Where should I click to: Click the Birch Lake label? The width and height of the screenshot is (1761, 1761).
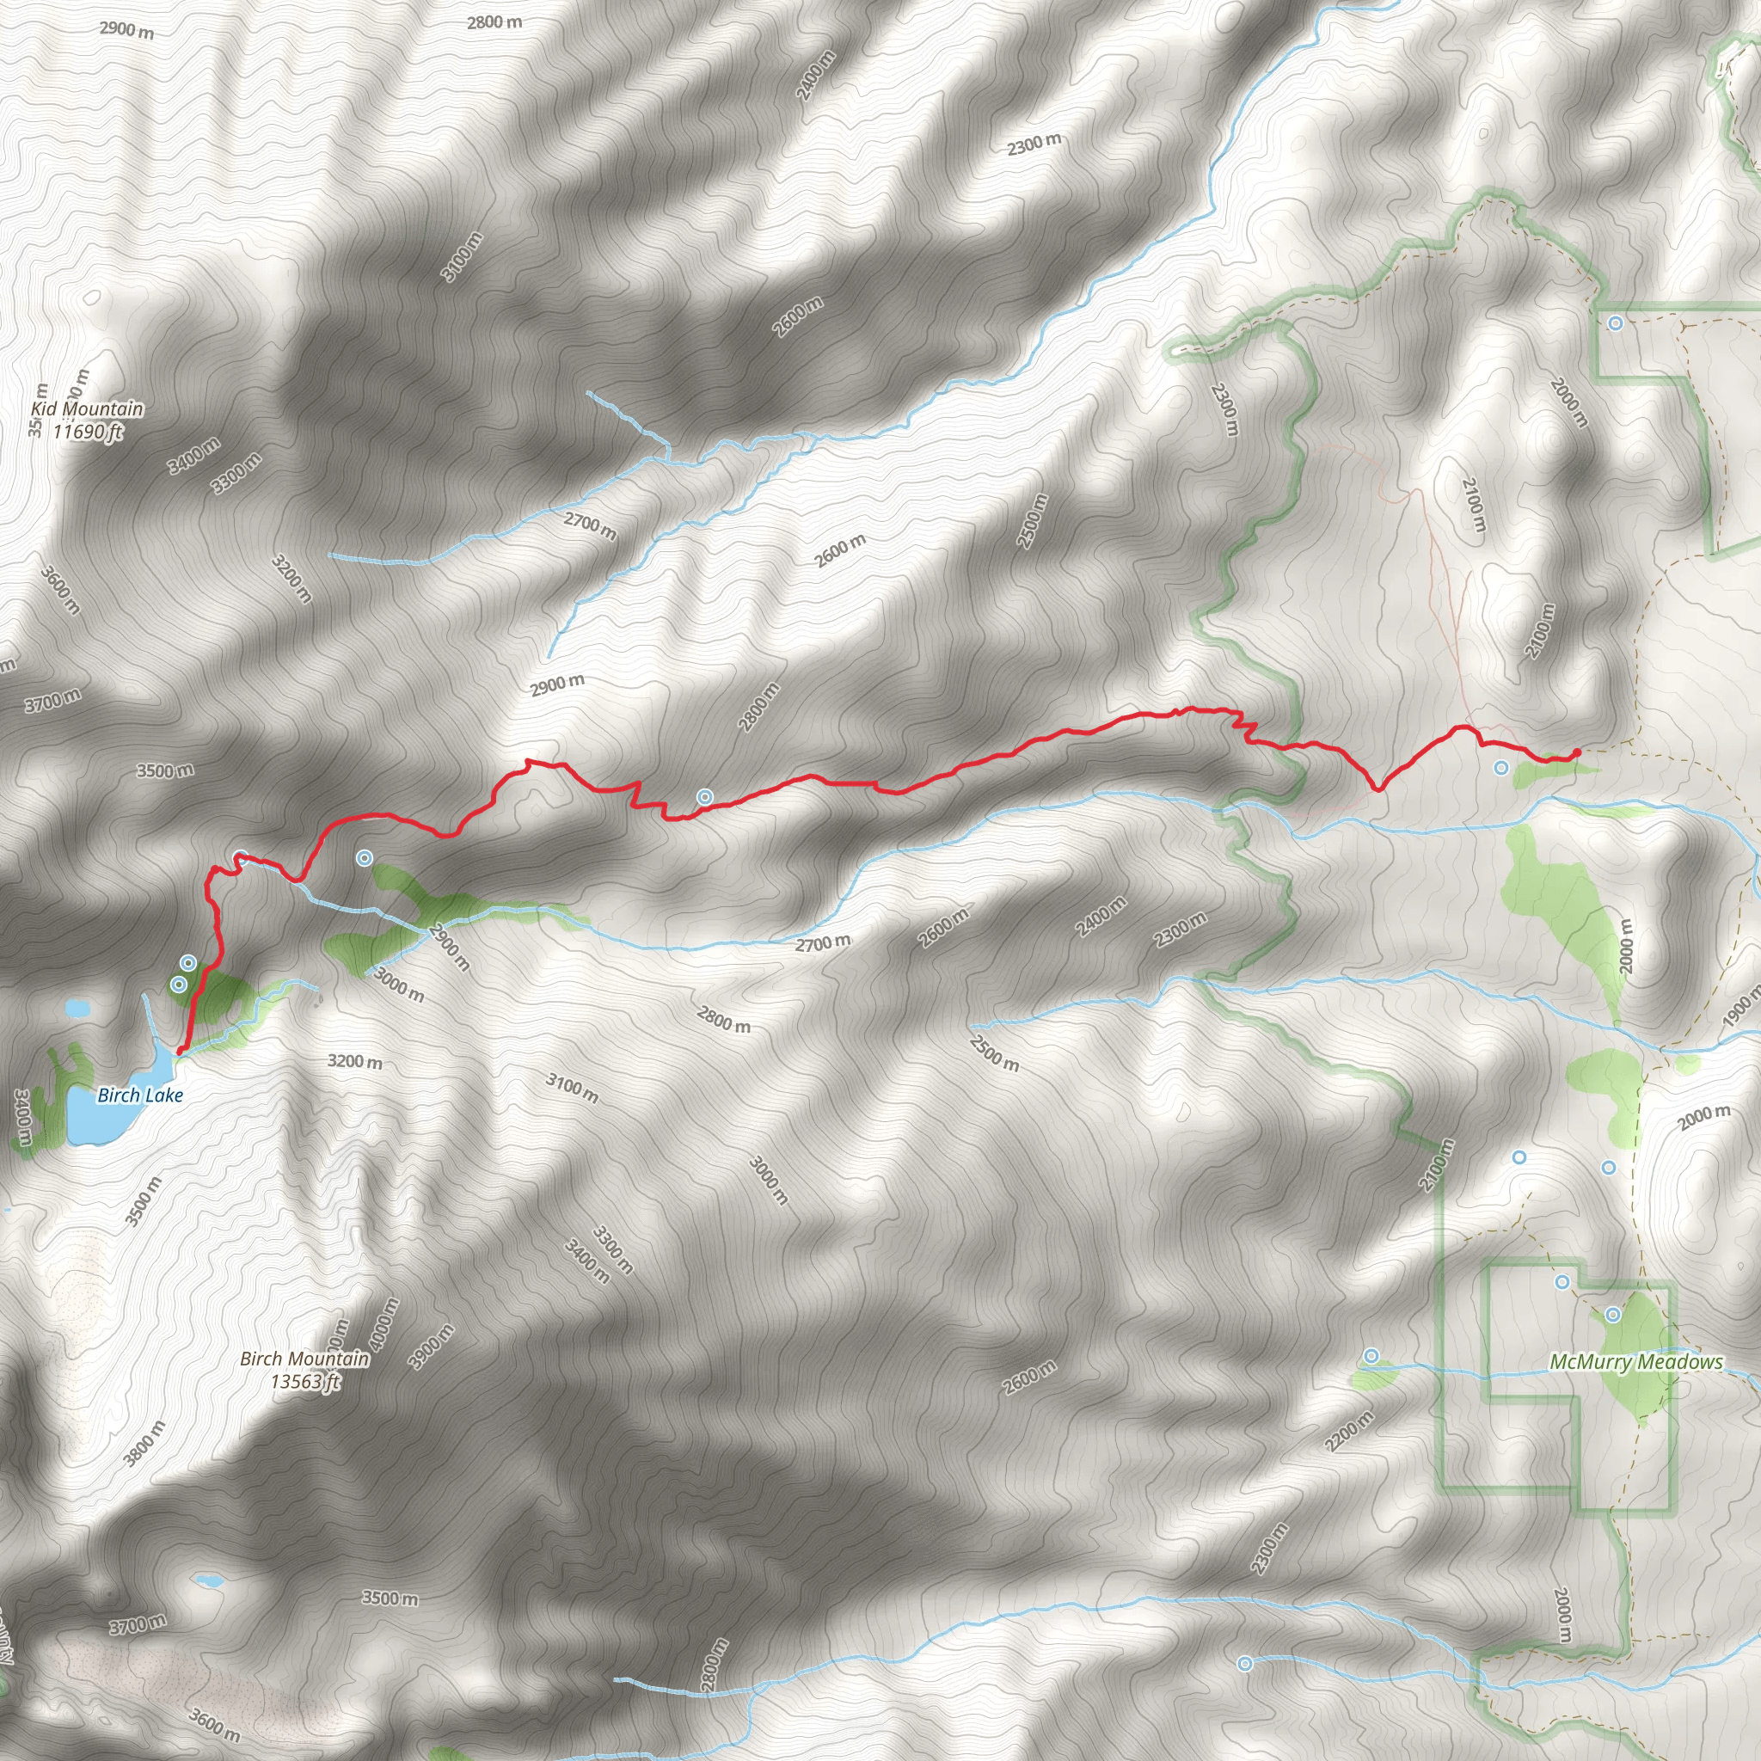pyautogui.click(x=140, y=1095)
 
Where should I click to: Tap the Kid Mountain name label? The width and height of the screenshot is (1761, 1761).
pyautogui.click(x=88, y=409)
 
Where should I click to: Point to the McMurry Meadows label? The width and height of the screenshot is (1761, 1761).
pyautogui.click(x=1636, y=1362)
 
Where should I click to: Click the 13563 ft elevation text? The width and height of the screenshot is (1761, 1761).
pyautogui.click(x=304, y=1382)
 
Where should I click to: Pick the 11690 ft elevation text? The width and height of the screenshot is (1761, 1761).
pyautogui.click(x=88, y=432)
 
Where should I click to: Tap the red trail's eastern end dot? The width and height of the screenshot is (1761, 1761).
pyautogui.click(x=1577, y=752)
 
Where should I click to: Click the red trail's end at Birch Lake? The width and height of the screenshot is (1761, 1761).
pyautogui.click(x=180, y=1051)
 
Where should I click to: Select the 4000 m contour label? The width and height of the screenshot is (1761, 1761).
pyautogui.click(x=385, y=1324)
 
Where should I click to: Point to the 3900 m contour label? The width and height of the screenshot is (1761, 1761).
pyautogui.click(x=431, y=1347)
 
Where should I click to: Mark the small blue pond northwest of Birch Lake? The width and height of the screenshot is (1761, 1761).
pyautogui.click(x=77, y=1009)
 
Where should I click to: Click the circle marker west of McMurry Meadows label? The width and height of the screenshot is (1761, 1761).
pyautogui.click(x=1371, y=1356)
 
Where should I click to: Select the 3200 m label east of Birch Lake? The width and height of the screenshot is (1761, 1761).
pyautogui.click(x=354, y=1062)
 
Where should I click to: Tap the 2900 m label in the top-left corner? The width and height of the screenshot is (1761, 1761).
pyautogui.click(x=126, y=29)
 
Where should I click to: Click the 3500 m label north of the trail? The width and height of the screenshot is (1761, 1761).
pyautogui.click(x=165, y=771)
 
